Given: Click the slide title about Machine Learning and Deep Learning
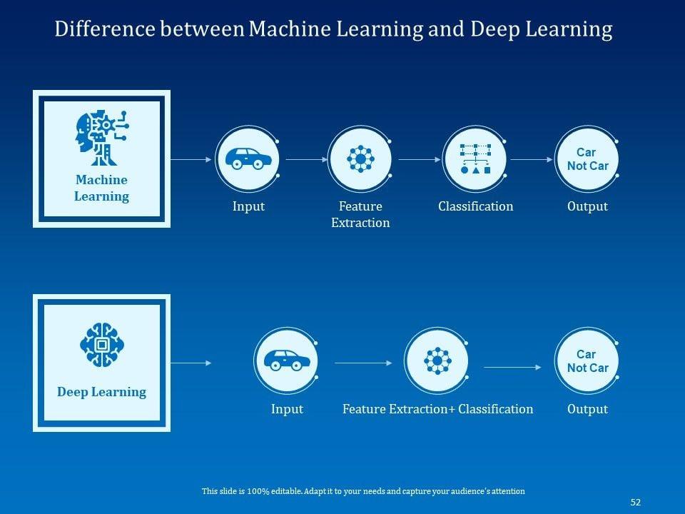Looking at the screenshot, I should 333,29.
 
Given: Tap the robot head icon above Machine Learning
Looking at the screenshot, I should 101,137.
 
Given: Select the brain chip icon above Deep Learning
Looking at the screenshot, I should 101,345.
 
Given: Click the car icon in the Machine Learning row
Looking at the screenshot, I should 248,158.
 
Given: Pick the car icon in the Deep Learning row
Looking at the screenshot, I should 287,361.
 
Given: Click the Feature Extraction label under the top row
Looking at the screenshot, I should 360,215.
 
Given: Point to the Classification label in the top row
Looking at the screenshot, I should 475,206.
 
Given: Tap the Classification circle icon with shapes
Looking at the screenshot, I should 475,158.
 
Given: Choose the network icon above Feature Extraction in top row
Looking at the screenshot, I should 360,158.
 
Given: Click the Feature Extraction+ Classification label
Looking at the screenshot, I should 437,409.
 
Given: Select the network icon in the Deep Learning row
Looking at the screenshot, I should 437,361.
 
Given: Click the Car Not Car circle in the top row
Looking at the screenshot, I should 587,158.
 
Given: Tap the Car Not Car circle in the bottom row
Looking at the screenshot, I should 587,361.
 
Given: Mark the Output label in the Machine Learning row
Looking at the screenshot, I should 587,206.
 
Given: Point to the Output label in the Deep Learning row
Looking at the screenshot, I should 587,409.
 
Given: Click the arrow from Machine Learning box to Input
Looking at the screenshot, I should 191,160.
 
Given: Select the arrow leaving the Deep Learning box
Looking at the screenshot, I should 191,363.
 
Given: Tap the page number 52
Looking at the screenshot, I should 636,502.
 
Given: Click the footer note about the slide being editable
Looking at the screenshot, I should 363,491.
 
